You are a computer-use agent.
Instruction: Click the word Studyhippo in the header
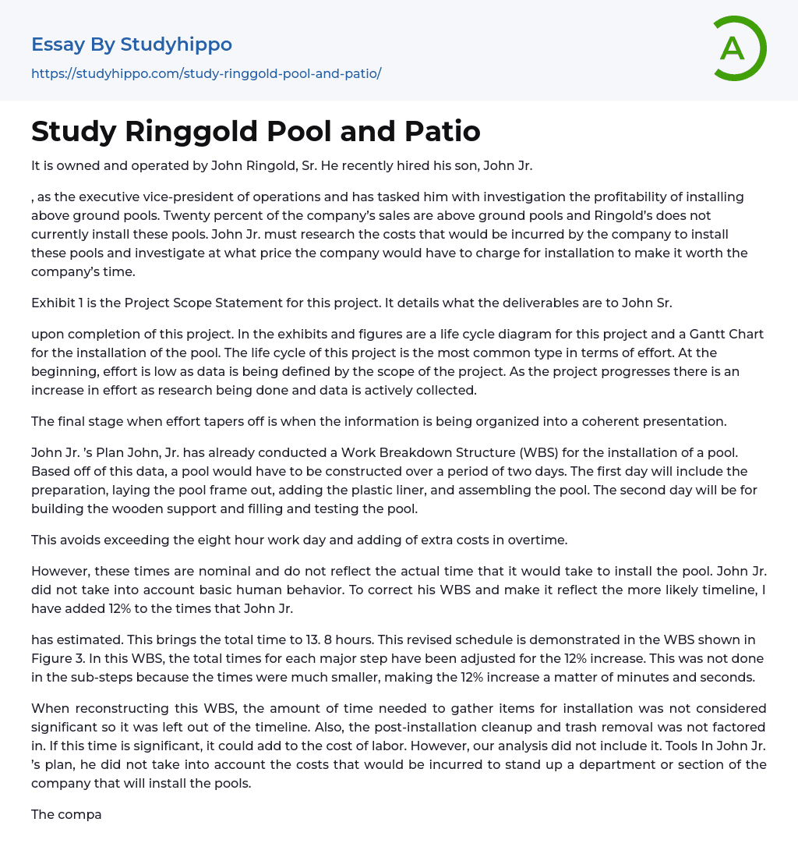176,44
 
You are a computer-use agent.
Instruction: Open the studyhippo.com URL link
206,73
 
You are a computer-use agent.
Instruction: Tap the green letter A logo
733,48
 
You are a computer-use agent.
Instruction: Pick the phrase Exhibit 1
62,303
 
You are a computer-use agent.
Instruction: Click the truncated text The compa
66,814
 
